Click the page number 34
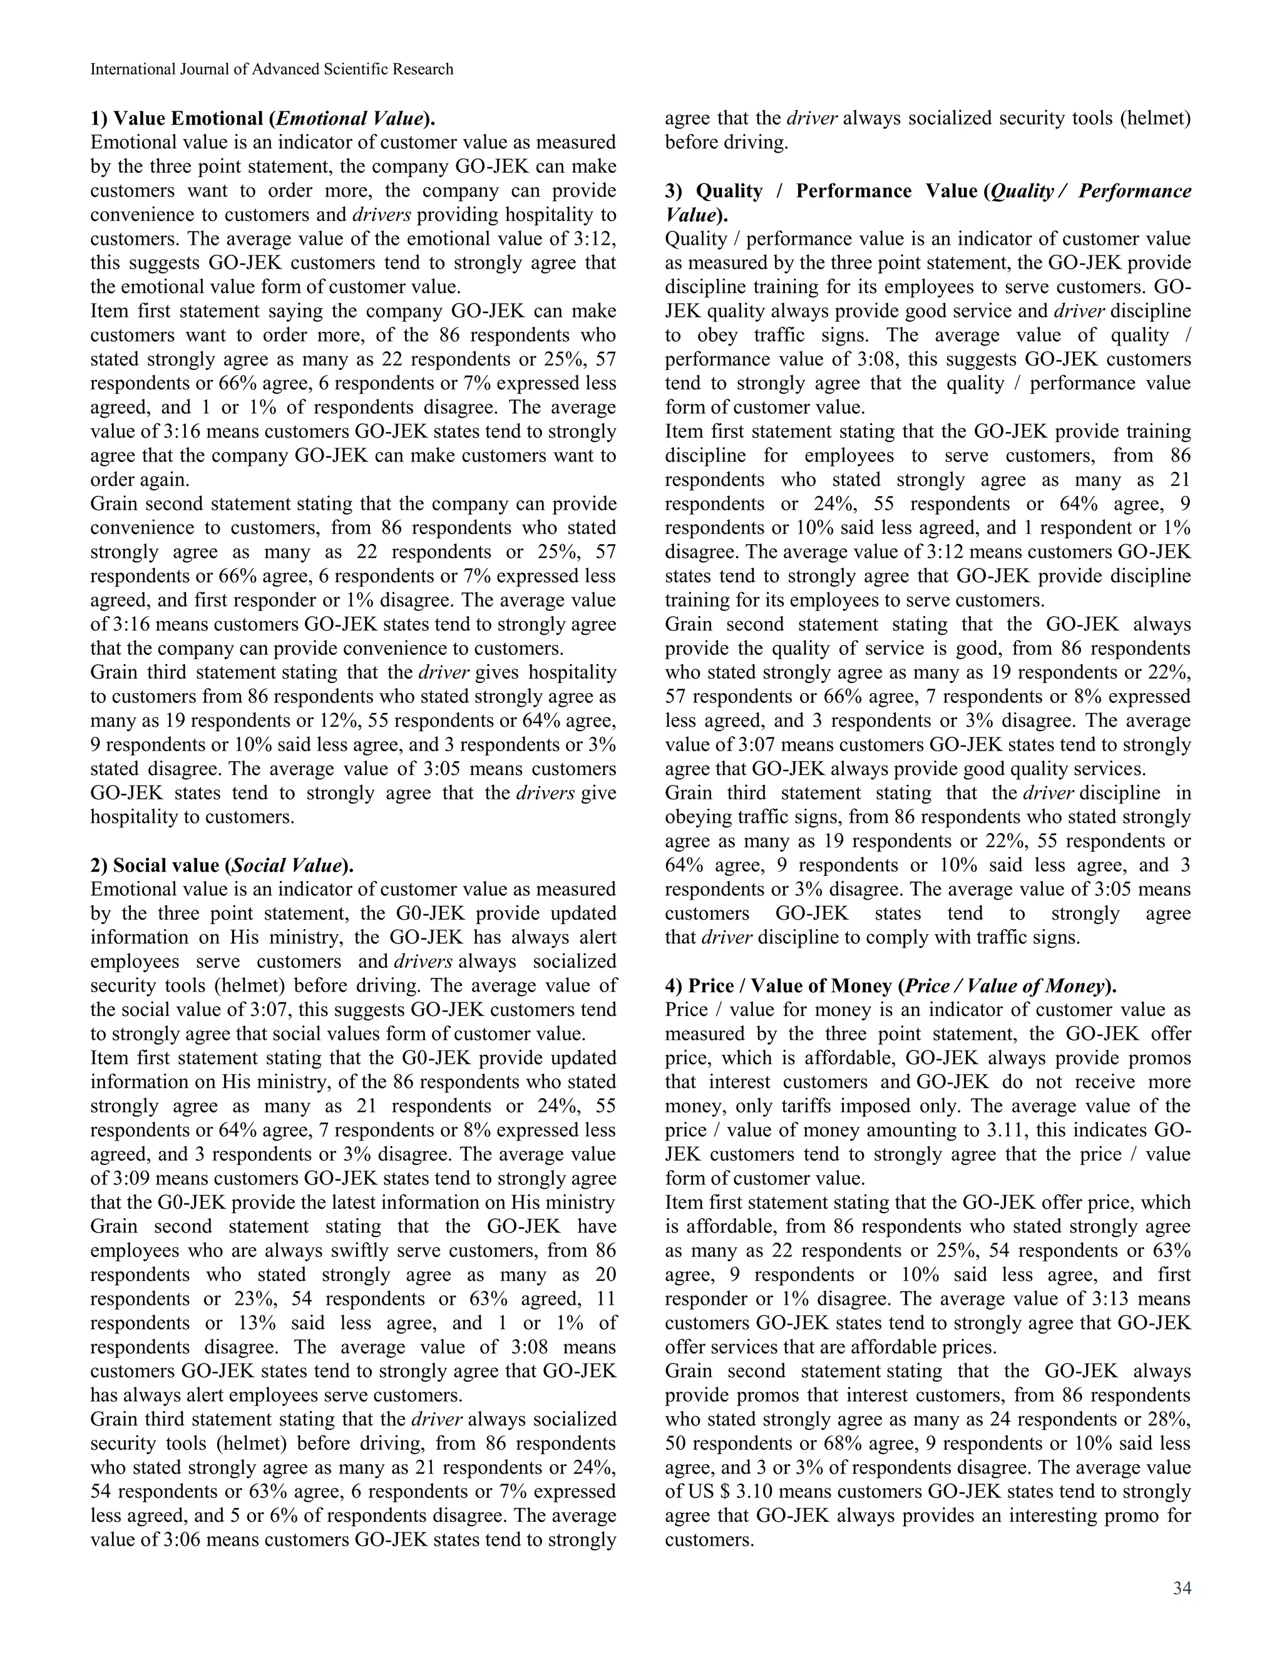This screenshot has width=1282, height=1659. [x=1182, y=1588]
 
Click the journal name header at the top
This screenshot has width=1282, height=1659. [x=272, y=69]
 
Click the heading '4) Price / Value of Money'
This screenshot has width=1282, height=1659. [x=891, y=986]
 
